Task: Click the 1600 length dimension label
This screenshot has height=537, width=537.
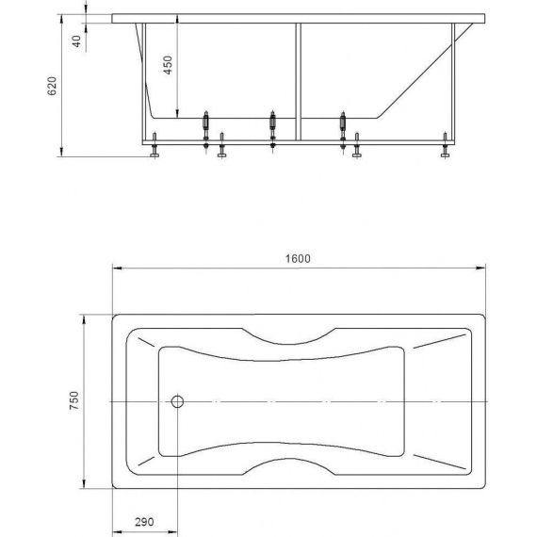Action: pos(298,258)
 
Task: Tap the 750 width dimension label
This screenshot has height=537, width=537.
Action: pos(74,400)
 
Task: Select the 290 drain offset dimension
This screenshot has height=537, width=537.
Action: pos(144,522)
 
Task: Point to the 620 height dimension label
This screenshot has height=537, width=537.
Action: pos(52,86)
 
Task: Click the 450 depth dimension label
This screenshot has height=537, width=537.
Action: pos(168,65)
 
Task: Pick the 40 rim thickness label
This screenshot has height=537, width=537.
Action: pos(76,41)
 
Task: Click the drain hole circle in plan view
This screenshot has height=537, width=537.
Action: pos(177,401)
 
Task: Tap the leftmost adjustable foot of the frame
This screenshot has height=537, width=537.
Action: pos(155,145)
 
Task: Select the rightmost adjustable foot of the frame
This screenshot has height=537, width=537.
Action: pos(445,145)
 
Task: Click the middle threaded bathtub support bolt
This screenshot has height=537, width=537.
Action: pos(272,129)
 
